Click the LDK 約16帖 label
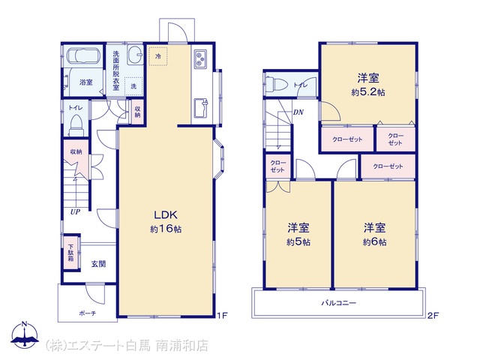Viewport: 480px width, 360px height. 166,222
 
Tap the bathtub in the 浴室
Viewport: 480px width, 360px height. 83,56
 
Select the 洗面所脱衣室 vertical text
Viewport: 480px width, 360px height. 116,70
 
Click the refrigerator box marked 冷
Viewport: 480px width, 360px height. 158,56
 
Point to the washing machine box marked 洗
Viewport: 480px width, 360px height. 133,86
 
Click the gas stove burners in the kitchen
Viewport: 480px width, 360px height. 200,58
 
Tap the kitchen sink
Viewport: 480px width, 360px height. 200,108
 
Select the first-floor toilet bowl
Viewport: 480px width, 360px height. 76,124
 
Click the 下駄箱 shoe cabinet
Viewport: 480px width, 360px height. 71,253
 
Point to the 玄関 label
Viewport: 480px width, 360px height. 98,263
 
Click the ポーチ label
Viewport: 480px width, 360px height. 88,313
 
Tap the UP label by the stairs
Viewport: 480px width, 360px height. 75,211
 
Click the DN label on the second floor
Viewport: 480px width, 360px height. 298,112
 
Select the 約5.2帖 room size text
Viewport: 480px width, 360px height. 368,92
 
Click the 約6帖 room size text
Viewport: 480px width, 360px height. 375,242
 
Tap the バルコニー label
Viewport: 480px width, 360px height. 338,303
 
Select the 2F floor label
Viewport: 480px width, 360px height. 433,315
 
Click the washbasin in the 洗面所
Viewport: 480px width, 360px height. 135,55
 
